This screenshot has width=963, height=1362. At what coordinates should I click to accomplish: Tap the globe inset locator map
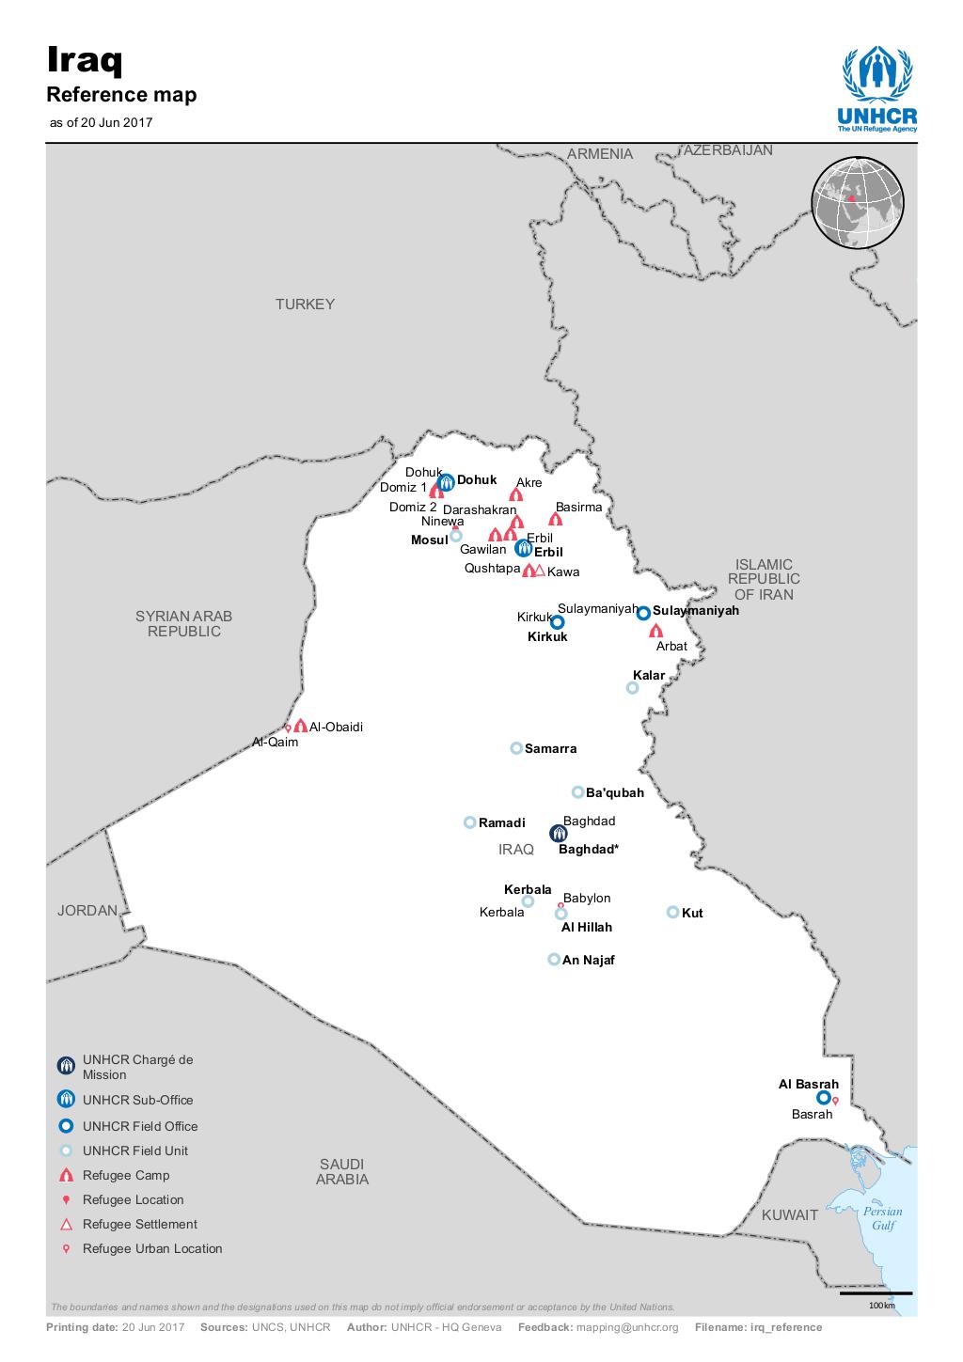pos(857,203)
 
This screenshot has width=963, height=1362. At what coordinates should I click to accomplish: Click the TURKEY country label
pos(305,305)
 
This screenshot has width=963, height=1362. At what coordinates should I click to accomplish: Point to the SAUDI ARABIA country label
pos(342,1171)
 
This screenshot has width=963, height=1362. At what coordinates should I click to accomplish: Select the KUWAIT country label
pos(790,1214)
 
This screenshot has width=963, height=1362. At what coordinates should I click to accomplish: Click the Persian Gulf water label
pos(882,1218)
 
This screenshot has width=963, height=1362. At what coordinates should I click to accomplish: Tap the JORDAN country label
pos(87,911)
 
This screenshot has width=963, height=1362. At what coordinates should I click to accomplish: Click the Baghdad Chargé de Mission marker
pos(558,833)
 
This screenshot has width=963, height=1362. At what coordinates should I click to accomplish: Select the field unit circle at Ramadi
pos(469,822)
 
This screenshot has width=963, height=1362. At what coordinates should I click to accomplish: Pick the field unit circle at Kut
pos(672,912)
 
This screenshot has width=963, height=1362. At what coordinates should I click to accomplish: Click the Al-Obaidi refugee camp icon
pos(300,726)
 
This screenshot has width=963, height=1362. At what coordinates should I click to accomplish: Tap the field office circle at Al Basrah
pos(823,1097)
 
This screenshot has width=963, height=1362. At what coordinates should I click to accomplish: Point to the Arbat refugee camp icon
pos(656,631)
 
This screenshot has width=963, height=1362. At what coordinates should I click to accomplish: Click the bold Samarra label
pos(550,749)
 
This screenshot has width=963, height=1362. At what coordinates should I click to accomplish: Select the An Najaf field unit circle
pos(554,960)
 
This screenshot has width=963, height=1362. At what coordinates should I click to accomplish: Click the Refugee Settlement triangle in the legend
pos(66,1224)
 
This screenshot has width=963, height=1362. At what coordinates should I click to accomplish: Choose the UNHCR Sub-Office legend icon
pos(66,1100)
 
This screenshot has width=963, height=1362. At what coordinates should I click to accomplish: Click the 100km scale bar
pos(876,1294)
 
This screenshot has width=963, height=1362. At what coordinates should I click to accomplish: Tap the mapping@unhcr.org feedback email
pos(627,1327)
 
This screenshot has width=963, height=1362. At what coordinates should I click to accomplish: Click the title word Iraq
pos(85,63)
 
